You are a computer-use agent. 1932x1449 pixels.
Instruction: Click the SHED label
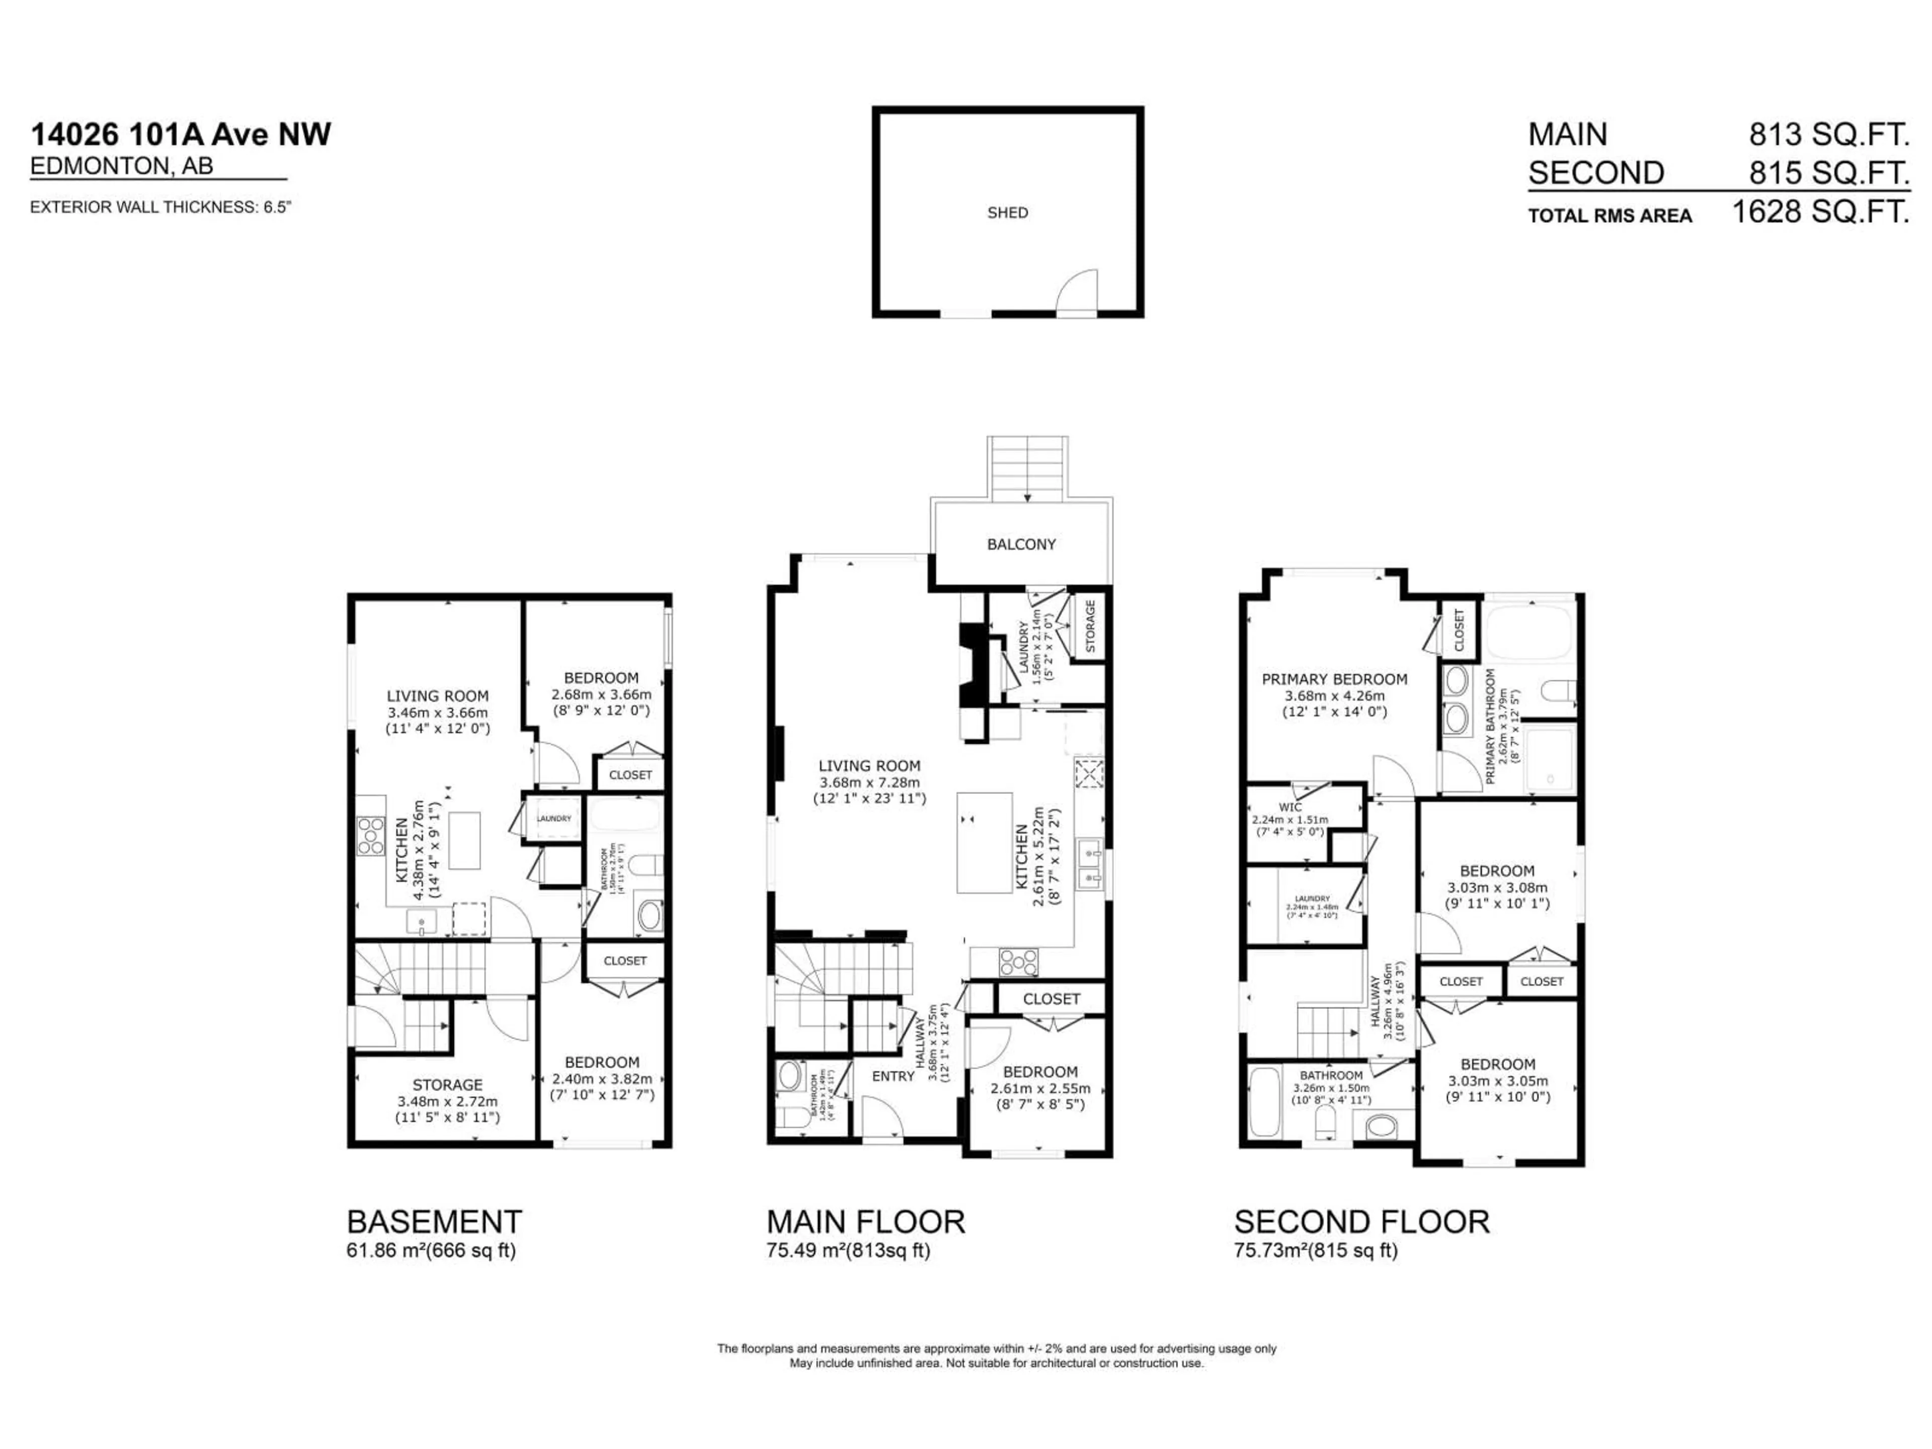(1007, 212)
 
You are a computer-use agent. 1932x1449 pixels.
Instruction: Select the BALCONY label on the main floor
(1021, 544)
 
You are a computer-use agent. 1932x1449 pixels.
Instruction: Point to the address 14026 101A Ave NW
(181, 134)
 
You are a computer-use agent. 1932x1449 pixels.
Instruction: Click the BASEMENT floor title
(434, 1221)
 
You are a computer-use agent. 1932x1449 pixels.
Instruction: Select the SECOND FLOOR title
(1361, 1221)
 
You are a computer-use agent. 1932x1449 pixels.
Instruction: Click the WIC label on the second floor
(1290, 807)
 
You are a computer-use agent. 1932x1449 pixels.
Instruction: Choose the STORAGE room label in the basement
(447, 1085)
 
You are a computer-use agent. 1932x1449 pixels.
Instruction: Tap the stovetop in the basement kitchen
(370, 835)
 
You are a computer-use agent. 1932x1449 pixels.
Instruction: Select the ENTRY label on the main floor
(893, 1076)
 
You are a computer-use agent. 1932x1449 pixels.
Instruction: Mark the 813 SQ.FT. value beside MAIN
(1829, 134)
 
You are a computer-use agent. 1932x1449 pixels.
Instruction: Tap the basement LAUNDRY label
(554, 819)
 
